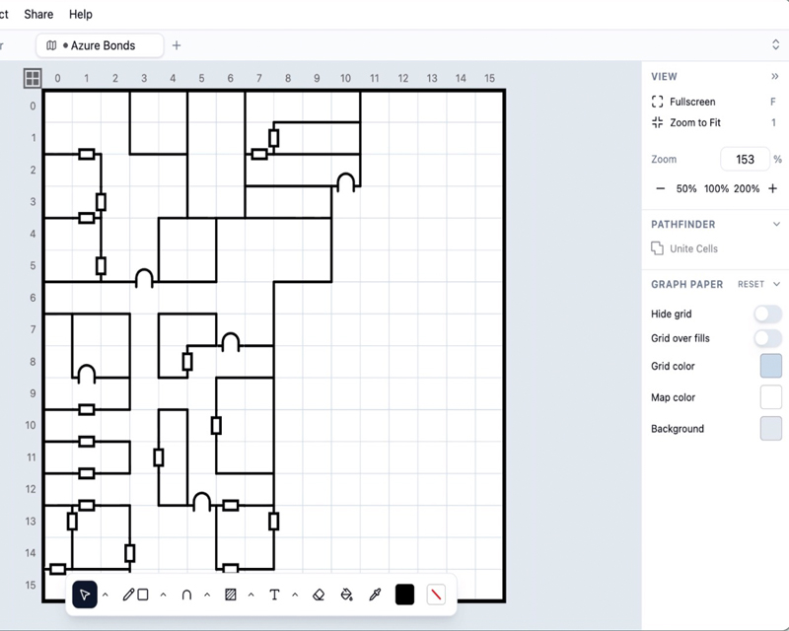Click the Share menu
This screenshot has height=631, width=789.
(x=38, y=14)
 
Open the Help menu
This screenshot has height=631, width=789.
(x=81, y=14)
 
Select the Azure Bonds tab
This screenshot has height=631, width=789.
(x=100, y=45)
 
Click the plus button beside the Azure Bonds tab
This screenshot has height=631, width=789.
(x=177, y=45)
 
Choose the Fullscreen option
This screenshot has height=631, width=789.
(x=692, y=102)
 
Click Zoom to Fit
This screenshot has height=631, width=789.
(x=695, y=123)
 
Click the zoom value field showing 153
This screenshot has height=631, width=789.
(x=745, y=160)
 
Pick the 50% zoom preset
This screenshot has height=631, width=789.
(x=686, y=188)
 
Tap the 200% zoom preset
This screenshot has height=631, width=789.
(x=747, y=188)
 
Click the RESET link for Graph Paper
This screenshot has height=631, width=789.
(x=751, y=284)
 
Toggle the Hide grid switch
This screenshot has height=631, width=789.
(x=768, y=314)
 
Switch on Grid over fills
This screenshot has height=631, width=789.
(x=768, y=338)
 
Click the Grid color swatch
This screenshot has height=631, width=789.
(x=771, y=366)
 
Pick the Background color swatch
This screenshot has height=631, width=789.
(x=771, y=429)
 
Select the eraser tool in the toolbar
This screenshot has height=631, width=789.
(x=319, y=596)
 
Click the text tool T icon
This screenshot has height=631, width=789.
(x=274, y=596)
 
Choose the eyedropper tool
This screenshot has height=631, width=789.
(x=375, y=596)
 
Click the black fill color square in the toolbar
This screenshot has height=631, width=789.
(x=404, y=595)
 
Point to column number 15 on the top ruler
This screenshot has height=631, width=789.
(x=489, y=79)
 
